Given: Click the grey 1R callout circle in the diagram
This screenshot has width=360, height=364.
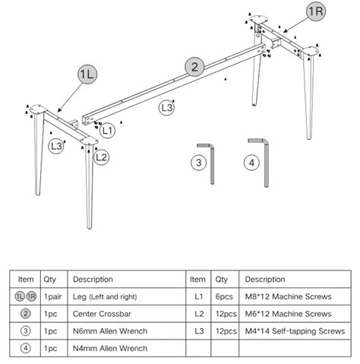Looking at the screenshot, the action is pos(316,11).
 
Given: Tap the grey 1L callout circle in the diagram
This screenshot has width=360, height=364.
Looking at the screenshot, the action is pos(87,74).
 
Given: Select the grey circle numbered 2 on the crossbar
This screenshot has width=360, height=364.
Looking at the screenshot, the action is pos(194,67).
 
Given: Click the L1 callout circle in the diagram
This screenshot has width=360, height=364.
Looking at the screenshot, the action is pos(107,131).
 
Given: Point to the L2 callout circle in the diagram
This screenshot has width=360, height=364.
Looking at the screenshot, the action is pos(101,157).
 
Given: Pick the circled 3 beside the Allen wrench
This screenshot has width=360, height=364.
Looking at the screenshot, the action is pos(199,163).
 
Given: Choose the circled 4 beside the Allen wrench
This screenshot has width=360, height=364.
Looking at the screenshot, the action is pos(251,163).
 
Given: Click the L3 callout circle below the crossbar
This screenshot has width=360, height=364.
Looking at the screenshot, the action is pos(166,108).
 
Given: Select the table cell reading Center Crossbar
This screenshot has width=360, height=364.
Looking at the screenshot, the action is pos(127,314).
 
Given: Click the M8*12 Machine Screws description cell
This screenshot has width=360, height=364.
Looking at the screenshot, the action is pos(295,296).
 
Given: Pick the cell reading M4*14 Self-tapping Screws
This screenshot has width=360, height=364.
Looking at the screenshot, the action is pos(295,331).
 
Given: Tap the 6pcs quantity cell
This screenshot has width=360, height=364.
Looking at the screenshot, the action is pos(225,296).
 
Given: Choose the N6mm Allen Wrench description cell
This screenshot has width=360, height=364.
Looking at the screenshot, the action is pos(127,331).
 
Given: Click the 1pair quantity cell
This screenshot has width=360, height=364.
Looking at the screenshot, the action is pos(54,296).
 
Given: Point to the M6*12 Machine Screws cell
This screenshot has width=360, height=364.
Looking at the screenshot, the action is pos(295,314).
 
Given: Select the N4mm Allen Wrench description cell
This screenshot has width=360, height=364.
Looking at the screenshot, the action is pos(127,348).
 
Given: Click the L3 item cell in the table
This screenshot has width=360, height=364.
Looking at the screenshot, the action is pos(198,331).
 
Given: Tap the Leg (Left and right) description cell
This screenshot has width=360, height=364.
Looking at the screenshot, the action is pos(127,296).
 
